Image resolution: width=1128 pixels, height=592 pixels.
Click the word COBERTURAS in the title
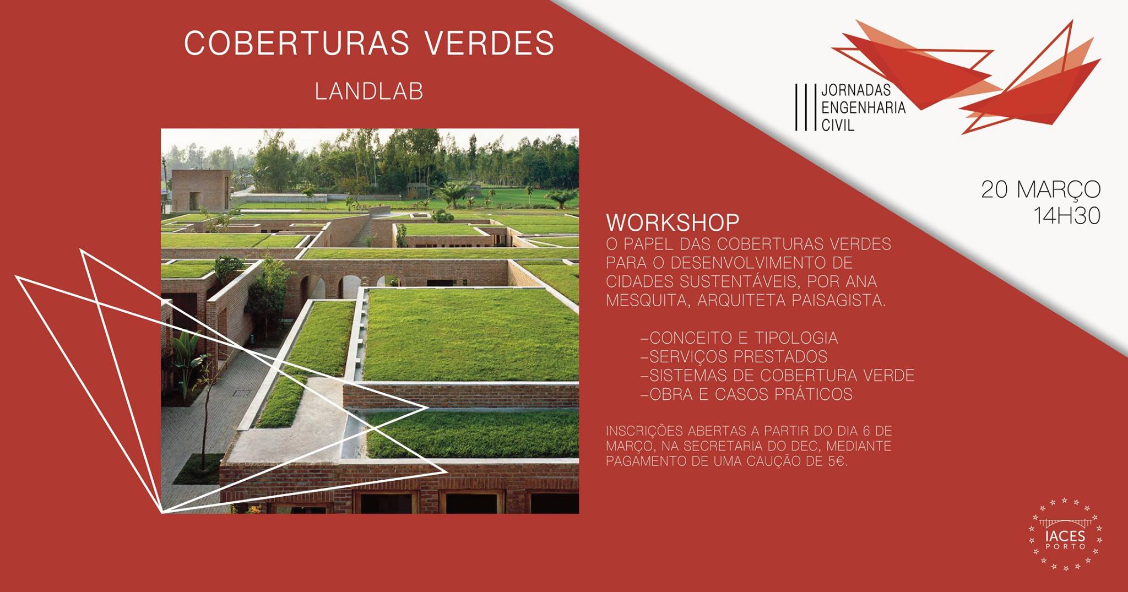click(x=297, y=42)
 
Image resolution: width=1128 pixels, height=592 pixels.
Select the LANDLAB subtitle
click(x=369, y=91)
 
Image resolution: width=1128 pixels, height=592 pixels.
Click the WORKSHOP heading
click(x=673, y=222)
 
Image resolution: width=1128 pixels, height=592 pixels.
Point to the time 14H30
click(x=1067, y=216)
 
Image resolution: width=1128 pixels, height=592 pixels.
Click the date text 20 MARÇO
click(x=1041, y=189)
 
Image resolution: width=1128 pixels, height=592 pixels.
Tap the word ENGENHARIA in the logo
click(x=864, y=107)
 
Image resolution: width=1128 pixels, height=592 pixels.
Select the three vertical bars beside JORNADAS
click(x=805, y=107)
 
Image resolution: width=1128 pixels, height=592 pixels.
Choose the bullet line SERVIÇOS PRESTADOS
click(x=734, y=356)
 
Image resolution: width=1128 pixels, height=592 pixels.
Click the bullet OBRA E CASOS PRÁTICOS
click(x=747, y=394)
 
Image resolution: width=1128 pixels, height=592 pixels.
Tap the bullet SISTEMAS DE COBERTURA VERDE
click(x=778, y=375)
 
